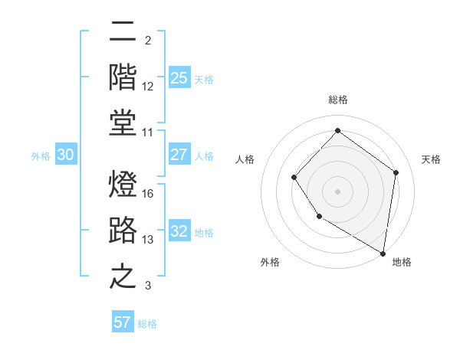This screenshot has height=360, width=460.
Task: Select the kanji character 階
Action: pos(123,77)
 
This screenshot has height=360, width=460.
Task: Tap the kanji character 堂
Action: pos(123,123)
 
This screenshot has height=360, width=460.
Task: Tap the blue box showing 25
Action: pos(179,78)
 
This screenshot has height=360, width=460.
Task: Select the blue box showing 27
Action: pos(179,155)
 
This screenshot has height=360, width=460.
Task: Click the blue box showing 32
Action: pos(179,232)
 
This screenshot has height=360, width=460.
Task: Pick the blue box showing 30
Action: pos(65,155)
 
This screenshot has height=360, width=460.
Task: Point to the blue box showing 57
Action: pos(123,322)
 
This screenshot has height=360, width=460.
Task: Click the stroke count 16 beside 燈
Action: pos(148,193)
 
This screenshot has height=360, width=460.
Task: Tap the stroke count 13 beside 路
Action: pos(148,240)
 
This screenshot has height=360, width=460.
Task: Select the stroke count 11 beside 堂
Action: pos(148,133)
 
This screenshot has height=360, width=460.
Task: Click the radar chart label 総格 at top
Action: pos(337,100)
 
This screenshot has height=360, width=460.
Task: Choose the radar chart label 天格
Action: pos(431,159)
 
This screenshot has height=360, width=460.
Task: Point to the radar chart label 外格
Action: pos(270,262)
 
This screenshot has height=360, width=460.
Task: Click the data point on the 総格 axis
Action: pos(337,130)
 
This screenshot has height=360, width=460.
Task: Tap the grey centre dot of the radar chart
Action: pos(337,191)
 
